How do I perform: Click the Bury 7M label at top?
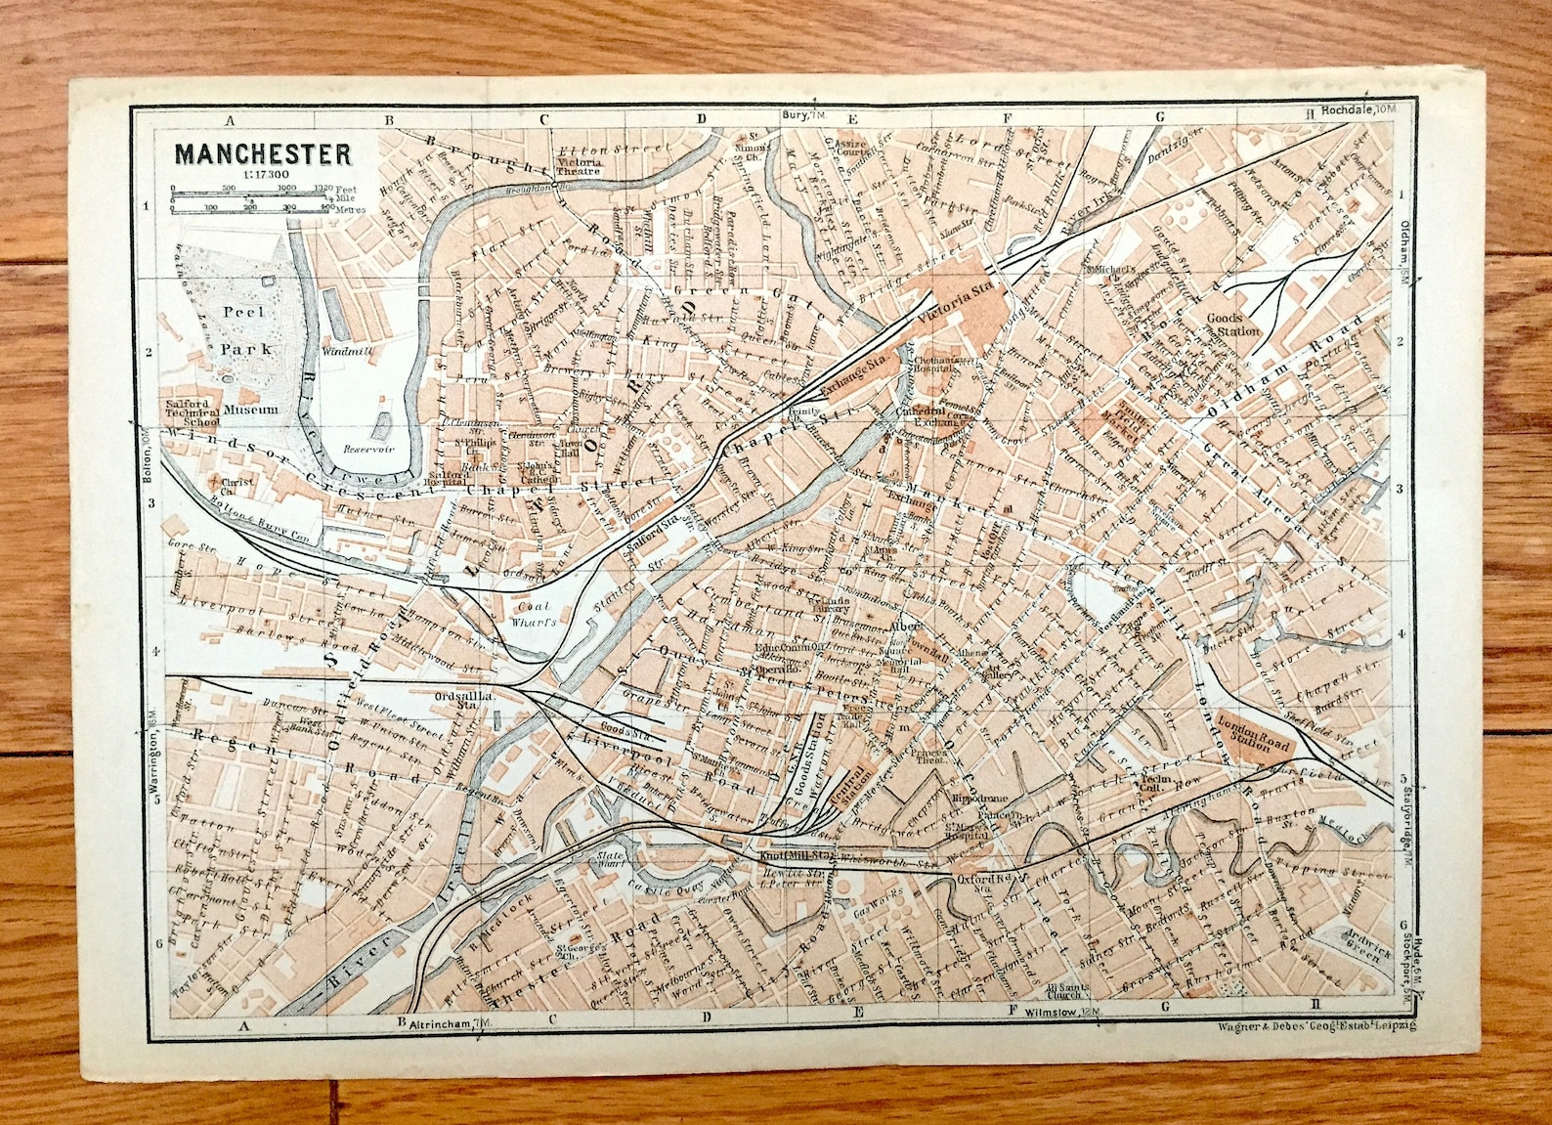pos(805,115)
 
